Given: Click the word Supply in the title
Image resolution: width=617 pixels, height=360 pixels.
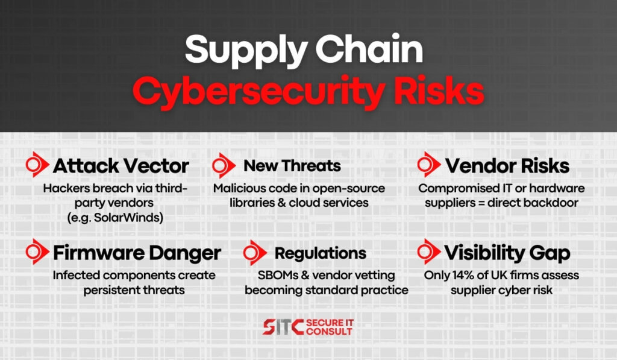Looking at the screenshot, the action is point(246,51).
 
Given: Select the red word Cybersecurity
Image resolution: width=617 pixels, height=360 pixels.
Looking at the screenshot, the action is point(258,92).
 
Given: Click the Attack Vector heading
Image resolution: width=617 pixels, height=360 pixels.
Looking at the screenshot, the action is point(121,166).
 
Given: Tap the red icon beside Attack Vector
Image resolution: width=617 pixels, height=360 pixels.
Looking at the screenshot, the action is point(37,165).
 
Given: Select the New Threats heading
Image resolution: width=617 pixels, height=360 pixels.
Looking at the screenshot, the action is point(292,166).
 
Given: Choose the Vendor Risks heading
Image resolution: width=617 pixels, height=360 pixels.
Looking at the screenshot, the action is point(507,166).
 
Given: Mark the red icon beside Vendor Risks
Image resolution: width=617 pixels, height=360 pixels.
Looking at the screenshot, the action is point(428,165).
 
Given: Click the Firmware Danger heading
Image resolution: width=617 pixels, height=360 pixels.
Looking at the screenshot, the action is point(137,253).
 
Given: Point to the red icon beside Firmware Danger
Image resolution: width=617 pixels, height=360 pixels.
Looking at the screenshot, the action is point(37,251).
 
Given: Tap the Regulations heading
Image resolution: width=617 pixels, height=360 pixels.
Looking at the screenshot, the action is point(321,253).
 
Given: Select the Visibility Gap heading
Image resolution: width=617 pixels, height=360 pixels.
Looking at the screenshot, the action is point(507,253).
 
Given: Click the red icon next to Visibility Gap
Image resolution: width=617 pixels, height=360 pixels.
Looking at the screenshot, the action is point(428,251).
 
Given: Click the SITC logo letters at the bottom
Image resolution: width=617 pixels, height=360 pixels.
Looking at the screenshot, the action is point(283,327).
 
